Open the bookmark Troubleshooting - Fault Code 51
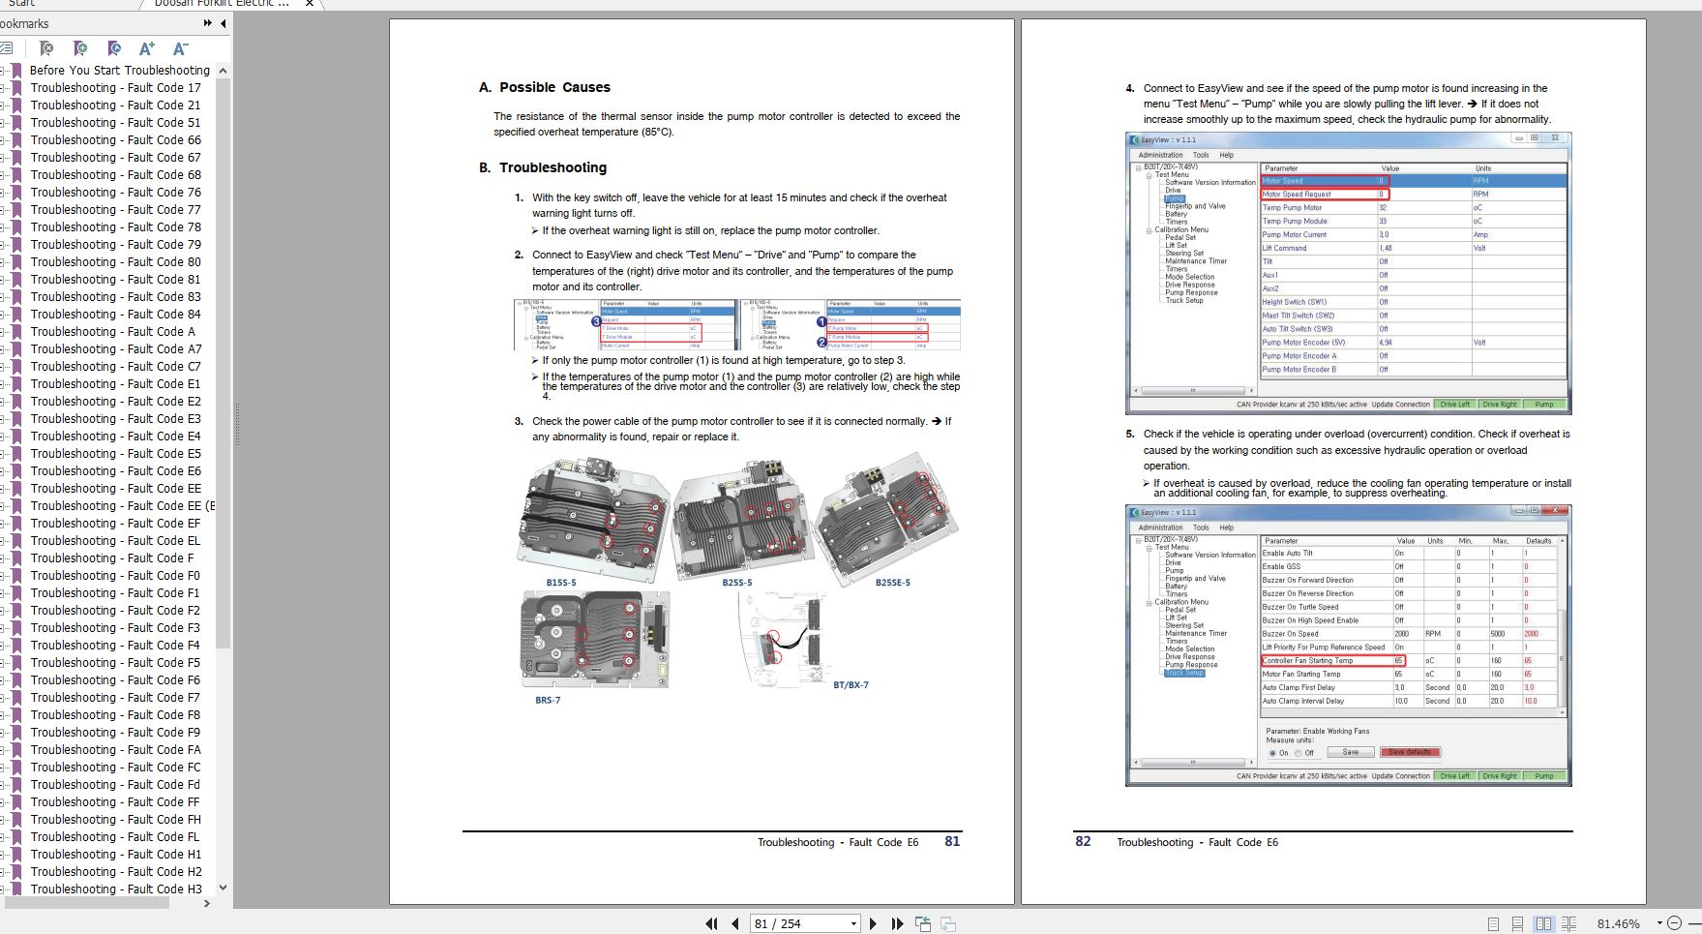point(115,123)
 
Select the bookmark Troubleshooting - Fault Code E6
point(115,471)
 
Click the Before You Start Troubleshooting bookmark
point(119,71)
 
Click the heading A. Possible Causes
point(545,87)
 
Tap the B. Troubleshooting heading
point(543,167)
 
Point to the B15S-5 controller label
point(560,583)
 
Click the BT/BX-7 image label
point(851,685)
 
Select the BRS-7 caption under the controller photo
point(548,700)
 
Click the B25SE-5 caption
point(892,583)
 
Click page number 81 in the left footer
point(952,841)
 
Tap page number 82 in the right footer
point(1083,841)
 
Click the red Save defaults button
point(1411,752)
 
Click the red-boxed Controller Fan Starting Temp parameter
point(1307,661)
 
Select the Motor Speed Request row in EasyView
point(1297,195)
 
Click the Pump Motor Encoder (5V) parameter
point(1303,343)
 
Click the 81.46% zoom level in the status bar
point(1618,924)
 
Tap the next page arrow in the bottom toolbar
point(873,924)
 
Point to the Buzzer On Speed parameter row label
point(1290,634)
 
